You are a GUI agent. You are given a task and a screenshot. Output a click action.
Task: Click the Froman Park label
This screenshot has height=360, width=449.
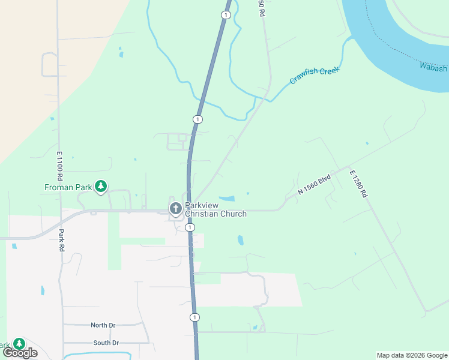68,187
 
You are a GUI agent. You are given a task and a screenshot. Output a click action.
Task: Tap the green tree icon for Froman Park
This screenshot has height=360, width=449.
101,187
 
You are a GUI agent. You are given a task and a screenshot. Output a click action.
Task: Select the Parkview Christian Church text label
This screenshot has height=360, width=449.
215,209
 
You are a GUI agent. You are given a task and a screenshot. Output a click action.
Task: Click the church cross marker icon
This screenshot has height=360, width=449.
175,209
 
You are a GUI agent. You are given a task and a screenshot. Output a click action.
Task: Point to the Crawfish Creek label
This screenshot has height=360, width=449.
315,75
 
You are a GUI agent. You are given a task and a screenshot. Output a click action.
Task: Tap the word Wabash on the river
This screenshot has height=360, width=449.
433,66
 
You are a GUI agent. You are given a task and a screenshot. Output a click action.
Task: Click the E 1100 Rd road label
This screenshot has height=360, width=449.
60,166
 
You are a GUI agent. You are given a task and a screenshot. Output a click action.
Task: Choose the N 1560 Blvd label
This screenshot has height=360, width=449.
315,184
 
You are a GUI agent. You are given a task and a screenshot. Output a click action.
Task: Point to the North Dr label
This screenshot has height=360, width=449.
103,325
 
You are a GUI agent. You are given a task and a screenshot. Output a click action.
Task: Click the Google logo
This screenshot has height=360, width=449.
20,353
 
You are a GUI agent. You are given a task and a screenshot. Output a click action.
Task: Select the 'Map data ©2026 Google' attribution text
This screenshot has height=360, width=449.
412,355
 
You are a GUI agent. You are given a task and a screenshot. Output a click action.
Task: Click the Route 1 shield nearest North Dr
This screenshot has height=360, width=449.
194,317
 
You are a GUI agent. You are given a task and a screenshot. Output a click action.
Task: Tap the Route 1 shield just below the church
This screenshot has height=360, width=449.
190,227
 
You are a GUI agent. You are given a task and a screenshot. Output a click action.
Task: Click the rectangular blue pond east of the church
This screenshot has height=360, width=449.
226,199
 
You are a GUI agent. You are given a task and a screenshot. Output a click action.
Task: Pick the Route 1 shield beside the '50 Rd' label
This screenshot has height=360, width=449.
225,15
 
